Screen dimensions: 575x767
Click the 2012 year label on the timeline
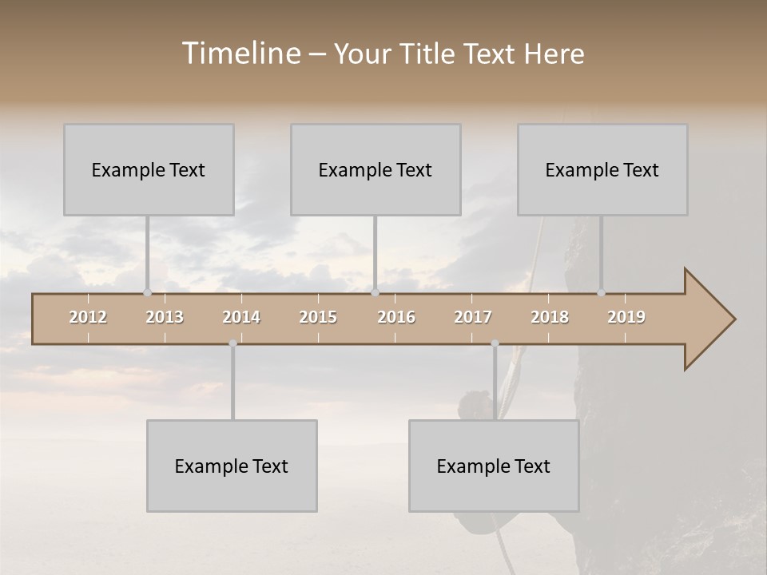click(88, 317)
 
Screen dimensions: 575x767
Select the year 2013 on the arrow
click(165, 317)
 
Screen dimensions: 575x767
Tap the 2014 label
click(241, 317)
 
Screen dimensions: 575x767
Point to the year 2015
click(318, 317)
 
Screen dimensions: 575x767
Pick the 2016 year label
click(396, 317)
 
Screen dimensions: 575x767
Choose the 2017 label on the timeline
click(473, 317)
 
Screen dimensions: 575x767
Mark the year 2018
click(550, 317)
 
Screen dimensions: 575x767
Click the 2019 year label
click(626, 317)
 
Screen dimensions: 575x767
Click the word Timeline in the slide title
click(240, 54)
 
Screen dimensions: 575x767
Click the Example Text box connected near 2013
click(149, 169)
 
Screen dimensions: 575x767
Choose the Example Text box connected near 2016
click(376, 169)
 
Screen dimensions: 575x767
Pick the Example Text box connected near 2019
click(602, 169)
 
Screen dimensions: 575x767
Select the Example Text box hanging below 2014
click(232, 466)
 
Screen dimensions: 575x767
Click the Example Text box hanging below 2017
click(494, 466)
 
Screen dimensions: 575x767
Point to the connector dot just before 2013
click(147, 292)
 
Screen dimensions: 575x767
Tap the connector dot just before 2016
click(375, 292)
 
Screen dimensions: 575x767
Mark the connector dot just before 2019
click(601, 292)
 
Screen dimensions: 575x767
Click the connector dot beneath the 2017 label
click(495, 343)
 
